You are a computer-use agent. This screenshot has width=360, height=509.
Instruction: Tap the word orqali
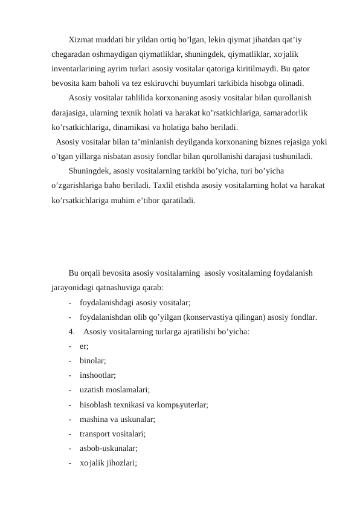[94, 274]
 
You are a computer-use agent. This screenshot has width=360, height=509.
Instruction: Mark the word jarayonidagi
[74, 288]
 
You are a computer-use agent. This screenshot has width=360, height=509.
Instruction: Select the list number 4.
[72, 331]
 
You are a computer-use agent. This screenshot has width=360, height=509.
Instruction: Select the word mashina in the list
[94, 419]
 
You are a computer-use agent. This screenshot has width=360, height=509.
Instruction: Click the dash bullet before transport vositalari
[71, 433]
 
